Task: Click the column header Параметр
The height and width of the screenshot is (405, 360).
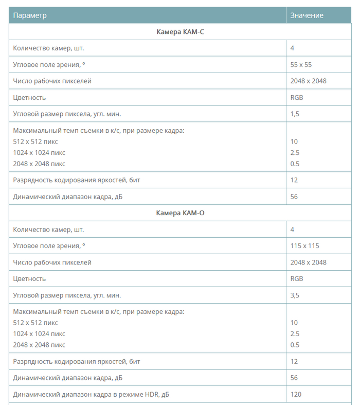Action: coord(30,15)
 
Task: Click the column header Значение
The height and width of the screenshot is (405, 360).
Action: coord(307,15)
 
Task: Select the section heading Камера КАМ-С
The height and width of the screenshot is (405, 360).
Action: coord(181,32)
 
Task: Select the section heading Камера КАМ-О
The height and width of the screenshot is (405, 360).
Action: coord(181,213)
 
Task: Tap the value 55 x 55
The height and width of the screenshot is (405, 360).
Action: coord(301,65)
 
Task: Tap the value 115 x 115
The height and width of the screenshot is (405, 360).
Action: coord(304,246)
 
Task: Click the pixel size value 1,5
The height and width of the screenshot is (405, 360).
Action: coord(295,114)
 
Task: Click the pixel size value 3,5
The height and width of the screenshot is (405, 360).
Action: coord(295,295)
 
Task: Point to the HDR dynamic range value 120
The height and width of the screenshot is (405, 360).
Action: coord(296,395)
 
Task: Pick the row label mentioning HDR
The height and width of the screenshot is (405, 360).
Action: coord(91,395)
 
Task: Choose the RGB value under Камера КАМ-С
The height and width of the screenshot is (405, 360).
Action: coord(297,98)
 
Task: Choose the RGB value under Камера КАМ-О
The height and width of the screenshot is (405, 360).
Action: coord(297,279)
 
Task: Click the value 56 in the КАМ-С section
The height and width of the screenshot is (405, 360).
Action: coord(294,197)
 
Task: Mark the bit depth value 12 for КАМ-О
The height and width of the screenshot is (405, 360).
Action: coord(294,362)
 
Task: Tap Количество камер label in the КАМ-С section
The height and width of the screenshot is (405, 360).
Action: coord(48,48)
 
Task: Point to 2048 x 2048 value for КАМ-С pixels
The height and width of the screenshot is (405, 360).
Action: coord(308,81)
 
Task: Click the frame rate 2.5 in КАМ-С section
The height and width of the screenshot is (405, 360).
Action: coord(295,153)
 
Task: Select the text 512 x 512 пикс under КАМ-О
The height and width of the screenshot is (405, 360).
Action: coord(35,323)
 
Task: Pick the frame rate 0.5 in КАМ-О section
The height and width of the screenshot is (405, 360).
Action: coord(295,345)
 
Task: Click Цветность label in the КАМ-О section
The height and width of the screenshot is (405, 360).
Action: coord(29,279)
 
